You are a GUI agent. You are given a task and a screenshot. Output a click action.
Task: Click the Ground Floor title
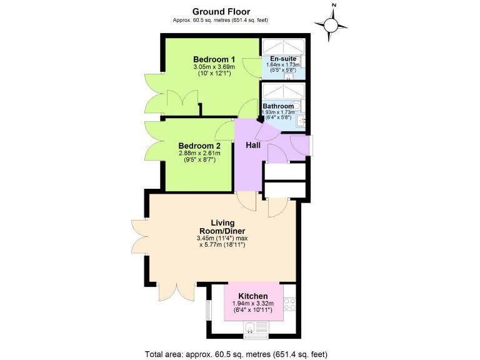pyautogui.click(x=221, y=11)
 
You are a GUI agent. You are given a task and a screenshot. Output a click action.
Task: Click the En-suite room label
pyautogui.click(x=283, y=59)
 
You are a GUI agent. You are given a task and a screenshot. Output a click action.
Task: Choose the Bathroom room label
pyautogui.click(x=278, y=106)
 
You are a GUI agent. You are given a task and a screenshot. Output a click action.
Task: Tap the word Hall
pyautogui.click(x=252, y=146)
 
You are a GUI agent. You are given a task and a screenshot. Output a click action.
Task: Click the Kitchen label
pyautogui.click(x=253, y=296)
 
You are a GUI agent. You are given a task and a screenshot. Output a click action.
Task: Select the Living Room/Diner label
pyautogui.click(x=222, y=227)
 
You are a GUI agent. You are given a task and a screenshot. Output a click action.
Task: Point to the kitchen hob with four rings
pyautogui.click(x=290, y=304)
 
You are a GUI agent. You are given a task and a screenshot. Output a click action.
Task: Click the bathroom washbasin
pyautogui.click(x=301, y=119)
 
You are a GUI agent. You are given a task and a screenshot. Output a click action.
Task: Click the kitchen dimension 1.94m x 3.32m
pyautogui.click(x=253, y=304)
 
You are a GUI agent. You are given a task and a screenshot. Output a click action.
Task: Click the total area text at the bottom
pyautogui.click(x=236, y=354)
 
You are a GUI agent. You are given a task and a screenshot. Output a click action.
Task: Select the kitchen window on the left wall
pyautogui.click(x=209, y=310)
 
